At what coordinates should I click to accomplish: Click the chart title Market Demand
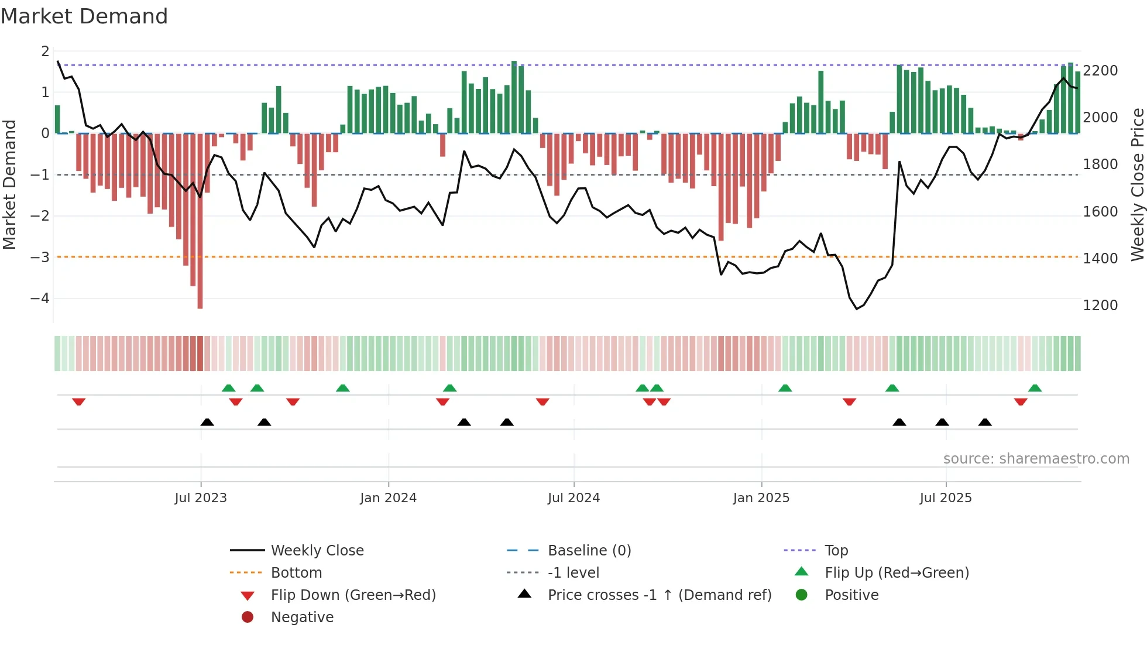(x=84, y=16)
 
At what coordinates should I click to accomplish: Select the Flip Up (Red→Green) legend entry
(x=897, y=572)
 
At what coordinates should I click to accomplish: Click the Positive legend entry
(x=851, y=595)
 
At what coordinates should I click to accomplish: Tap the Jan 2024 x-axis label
(x=388, y=498)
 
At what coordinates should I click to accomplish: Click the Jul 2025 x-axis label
(x=945, y=498)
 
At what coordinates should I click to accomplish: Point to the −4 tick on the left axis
(x=40, y=298)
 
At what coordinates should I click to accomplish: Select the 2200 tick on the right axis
(x=1100, y=70)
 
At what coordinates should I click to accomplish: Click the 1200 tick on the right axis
(x=1100, y=305)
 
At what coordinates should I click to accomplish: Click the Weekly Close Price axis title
(x=1137, y=184)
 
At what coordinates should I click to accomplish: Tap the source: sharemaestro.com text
(x=1036, y=458)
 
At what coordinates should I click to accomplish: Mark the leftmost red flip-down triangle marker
(x=79, y=402)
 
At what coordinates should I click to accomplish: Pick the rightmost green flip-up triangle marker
(x=1035, y=388)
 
